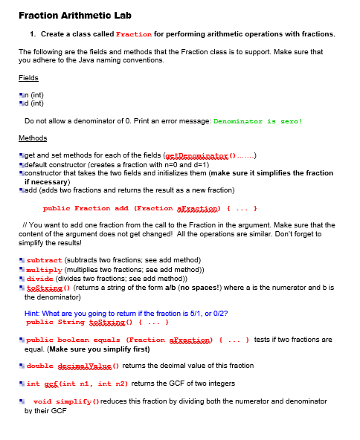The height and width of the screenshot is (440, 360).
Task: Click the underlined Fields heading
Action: tap(28, 77)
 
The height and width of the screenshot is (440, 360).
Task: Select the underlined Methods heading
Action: tap(33, 138)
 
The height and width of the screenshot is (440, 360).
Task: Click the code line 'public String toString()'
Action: tap(83, 322)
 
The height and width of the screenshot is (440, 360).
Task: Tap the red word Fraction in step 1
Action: tap(134, 34)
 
